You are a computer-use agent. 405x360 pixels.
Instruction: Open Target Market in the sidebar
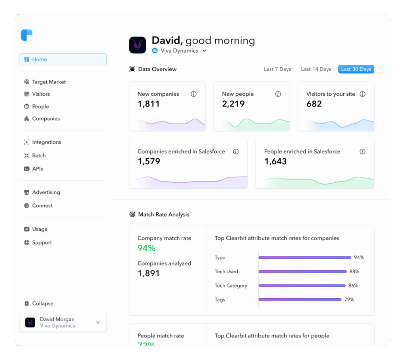point(49,82)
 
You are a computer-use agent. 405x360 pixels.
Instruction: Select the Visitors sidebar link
point(41,94)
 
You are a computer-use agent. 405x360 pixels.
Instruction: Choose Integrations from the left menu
point(46,142)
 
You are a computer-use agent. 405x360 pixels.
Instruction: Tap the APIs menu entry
point(37,169)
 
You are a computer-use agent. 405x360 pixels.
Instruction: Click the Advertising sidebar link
point(46,192)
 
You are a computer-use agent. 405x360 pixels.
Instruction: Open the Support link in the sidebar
point(42,243)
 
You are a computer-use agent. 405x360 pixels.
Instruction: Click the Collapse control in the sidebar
point(42,303)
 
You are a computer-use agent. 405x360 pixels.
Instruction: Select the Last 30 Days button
point(356,69)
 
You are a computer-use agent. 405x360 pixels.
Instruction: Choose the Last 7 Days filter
point(277,69)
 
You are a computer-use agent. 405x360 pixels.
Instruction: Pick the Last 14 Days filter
point(316,69)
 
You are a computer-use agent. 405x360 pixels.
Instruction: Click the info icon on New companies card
point(193,94)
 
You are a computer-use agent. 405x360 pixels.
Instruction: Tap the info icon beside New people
point(278,94)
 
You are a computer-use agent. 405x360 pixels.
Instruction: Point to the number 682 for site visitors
point(314,104)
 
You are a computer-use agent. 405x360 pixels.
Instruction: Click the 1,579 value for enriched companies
point(149,161)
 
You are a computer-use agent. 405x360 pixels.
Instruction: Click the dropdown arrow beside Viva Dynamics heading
point(204,51)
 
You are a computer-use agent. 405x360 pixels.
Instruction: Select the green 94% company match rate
point(146,248)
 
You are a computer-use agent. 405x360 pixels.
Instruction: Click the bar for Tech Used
point(303,271)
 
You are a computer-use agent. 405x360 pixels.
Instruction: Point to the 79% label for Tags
point(349,299)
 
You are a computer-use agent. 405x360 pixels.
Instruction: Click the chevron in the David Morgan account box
point(98,322)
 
